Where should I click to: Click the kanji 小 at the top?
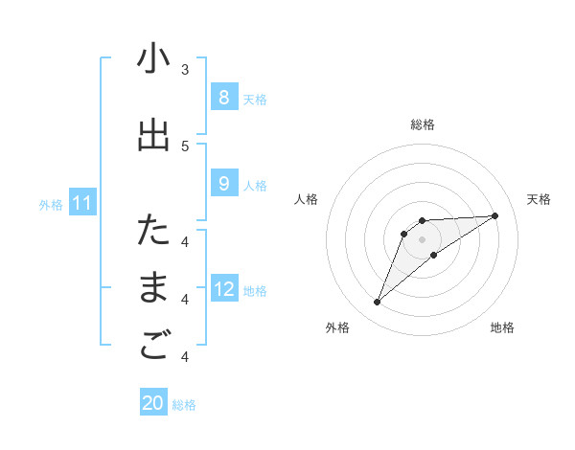pyautogui.click(x=153, y=59)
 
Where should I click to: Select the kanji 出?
pyautogui.click(x=153, y=135)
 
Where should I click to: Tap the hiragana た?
pyautogui.click(x=153, y=231)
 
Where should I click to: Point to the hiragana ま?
pyautogui.click(x=153, y=289)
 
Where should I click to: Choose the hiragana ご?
pyautogui.click(x=153, y=347)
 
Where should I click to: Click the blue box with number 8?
pyautogui.click(x=223, y=97)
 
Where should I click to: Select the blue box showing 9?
pyautogui.click(x=223, y=184)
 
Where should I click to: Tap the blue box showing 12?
pyautogui.click(x=223, y=289)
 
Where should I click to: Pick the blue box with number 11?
pyautogui.click(x=82, y=203)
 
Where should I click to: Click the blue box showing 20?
pyautogui.click(x=153, y=403)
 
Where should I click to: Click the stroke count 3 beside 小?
pyautogui.click(x=185, y=70)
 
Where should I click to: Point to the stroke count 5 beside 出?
pyautogui.click(x=185, y=146)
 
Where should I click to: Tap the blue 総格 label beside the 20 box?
pyautogui.click(x=184, y=405)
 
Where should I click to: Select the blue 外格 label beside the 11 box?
pyautogui.click(x=51, y=204)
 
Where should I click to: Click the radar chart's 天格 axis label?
pyautogui.click(x=539, y=199)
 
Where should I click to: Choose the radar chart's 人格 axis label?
pyautogui.click(x=306, y=199)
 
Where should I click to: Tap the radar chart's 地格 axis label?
pyautogui.click(x=502, y=327)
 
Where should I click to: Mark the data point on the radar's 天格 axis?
pyautogui.click(x=494, y=215)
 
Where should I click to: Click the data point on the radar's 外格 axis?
pyautogui.click(x=377, y=303)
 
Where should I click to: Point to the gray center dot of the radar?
pyautogui.click(x=422, y=239)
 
